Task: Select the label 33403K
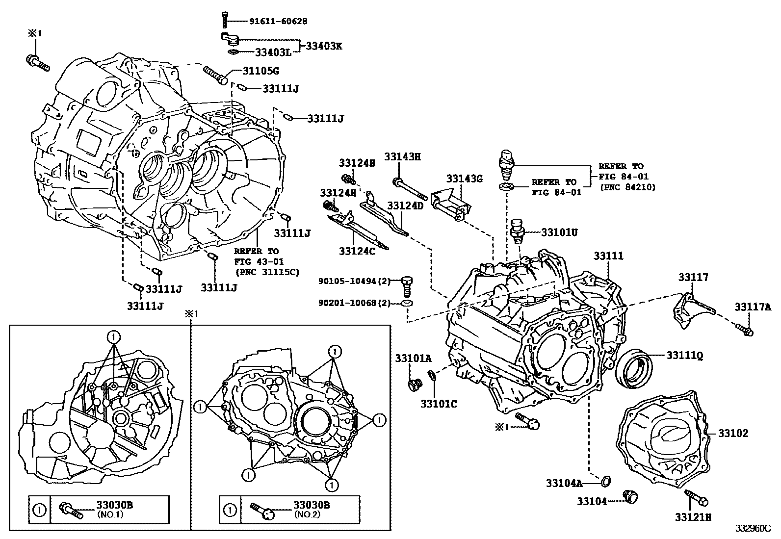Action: coord(324,47)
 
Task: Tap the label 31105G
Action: coord(261,71)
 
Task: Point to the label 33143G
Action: coord(464,179)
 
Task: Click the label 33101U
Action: coord(559,232)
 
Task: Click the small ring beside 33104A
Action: coord(605,481)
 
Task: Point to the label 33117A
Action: coord(753,308)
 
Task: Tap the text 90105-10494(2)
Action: coord(354,281)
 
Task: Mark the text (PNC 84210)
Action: coord(627,187)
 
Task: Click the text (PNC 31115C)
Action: coord(267,272)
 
